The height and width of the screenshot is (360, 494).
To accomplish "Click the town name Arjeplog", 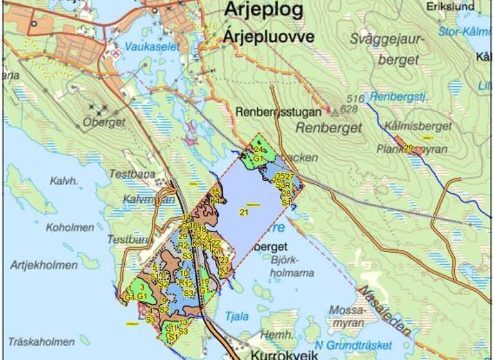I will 263,10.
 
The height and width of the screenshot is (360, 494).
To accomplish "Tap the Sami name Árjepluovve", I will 268,37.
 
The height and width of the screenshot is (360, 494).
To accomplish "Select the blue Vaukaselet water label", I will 153,47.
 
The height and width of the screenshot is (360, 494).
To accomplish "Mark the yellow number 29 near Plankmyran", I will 408,148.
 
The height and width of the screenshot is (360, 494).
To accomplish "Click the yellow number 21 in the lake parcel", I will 244,213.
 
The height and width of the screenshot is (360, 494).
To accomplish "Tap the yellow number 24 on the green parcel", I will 257,150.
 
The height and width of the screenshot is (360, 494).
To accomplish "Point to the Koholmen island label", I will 66,228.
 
